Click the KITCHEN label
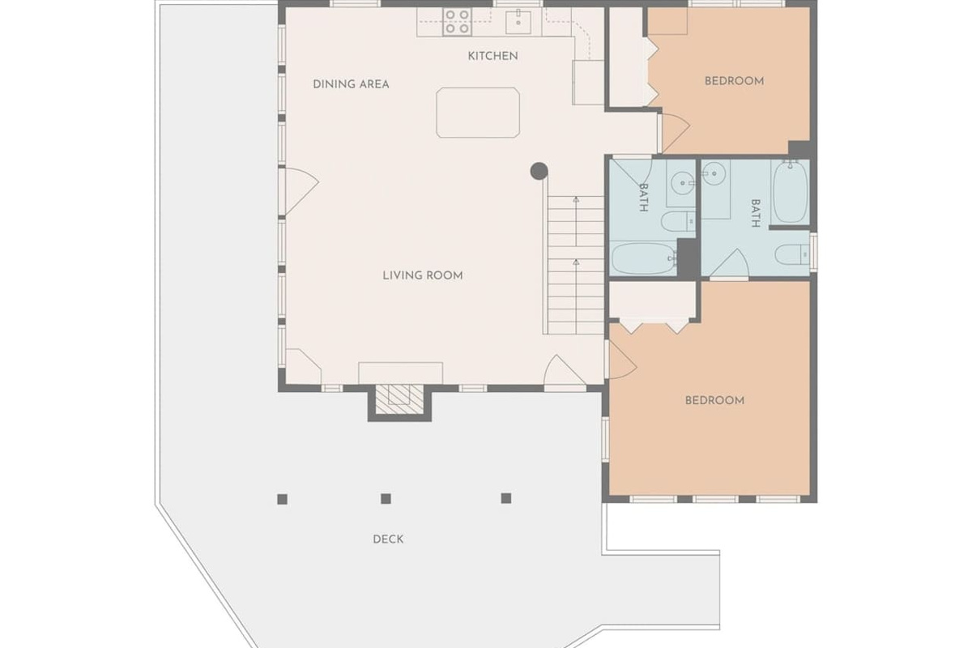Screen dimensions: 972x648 coord(492,56)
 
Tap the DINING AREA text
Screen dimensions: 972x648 coord(351,84)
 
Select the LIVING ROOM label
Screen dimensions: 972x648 coord(423,275)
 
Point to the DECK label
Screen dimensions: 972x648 coord(388,539)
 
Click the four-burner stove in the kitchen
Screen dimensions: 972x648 coord(458,22)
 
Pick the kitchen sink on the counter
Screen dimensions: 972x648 coord(518,22)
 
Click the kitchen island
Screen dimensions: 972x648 coord(478,113)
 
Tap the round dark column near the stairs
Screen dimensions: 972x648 coord(539,171)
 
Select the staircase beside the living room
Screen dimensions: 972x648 coord(575,265)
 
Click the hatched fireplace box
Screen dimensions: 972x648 coord(399,399)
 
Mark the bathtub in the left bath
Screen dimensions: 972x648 coord(643,258)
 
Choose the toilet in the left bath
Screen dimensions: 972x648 coord(678,222)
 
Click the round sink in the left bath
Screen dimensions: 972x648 coord(682,183)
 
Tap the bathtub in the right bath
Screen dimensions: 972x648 coord(790,191)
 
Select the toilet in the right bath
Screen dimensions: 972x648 coord(792,254)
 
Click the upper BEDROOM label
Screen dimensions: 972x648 coord(734,81)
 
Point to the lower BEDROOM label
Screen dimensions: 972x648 coord(714,400)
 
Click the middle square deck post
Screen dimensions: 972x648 coord(386,499)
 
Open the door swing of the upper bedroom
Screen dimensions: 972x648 coord(674,132)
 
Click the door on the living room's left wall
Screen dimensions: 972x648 coord(300,191)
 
